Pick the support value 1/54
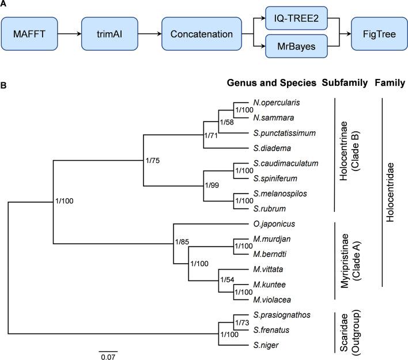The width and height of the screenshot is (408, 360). [227, 279]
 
